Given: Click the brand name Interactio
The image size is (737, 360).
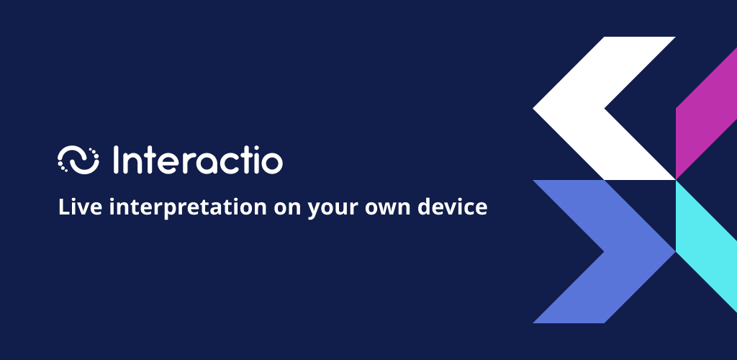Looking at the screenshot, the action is click(x=198, y=161).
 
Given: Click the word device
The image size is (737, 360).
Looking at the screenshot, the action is click(x=452, y=207).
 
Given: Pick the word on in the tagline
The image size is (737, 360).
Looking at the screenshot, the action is click(x=288, y=210).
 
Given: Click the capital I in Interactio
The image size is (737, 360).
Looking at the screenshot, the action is click(x=116, y=161).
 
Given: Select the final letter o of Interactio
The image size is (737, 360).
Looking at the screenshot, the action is click(x=272, y=163).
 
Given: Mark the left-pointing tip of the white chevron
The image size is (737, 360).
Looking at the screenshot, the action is click(x=533, y=108).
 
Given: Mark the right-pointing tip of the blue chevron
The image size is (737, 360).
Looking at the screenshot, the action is click(x=675, y=251).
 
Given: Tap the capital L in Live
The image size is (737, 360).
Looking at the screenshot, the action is click(x=64, y=207).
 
